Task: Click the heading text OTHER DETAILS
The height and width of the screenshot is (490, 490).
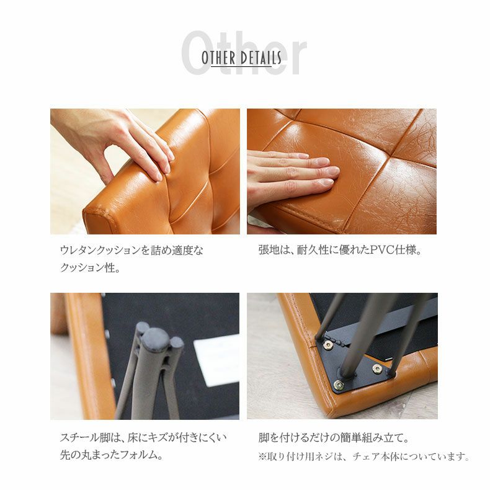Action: pyautogui.click(x=241, y=58)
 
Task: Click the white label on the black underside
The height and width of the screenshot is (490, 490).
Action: pyautogui.click(x=216, y=360)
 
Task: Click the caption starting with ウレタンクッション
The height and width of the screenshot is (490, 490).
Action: pyautogui.click(x=131, y=251)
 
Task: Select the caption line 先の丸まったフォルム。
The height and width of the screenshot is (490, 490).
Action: pyautogui.click(x=112, y=455)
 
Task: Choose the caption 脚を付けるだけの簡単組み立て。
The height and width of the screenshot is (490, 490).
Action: pyautogui.click(x=334, y=438)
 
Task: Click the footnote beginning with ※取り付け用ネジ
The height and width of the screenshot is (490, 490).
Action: pyautogui.click(x=363, y=457)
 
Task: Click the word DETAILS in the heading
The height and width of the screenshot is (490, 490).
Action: pyautogui.click(x=260, y=58)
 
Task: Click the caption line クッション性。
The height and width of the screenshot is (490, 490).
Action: pyautogui.click(x=90, y=269)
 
